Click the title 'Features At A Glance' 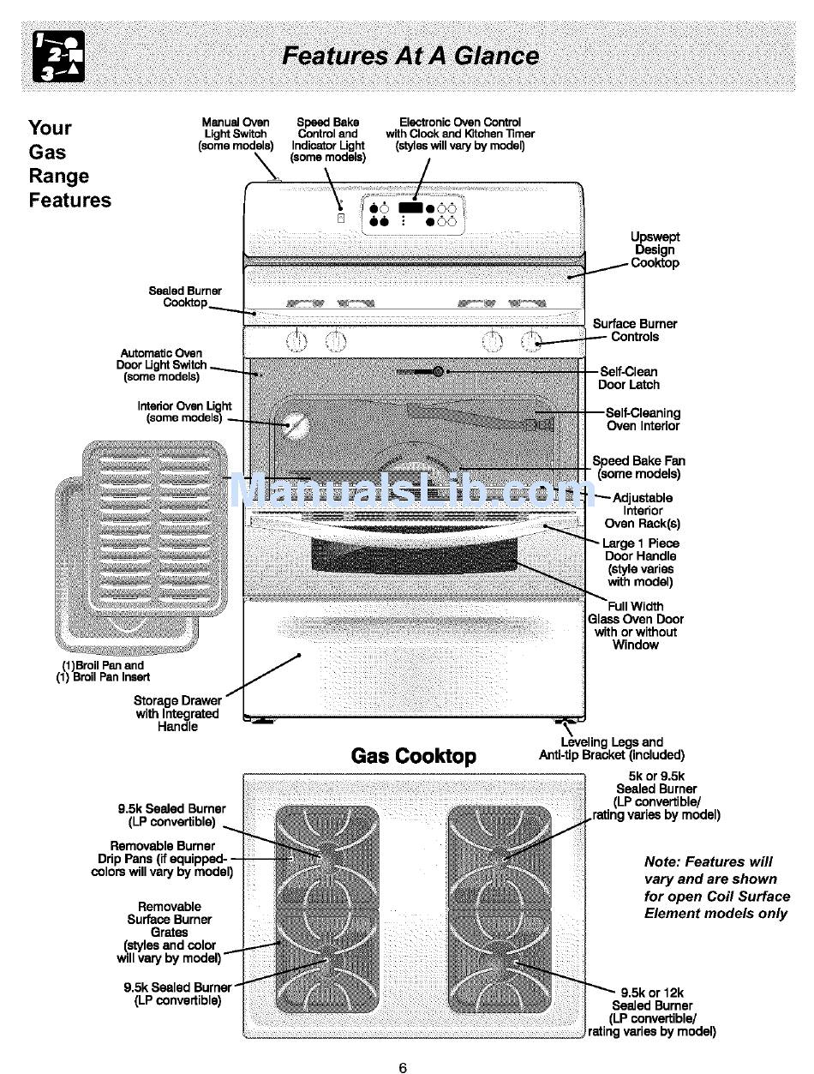(x=410, y=57)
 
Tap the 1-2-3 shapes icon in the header (x=58, y=57)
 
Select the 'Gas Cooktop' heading (x=413, y=756)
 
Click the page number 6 (x=403, y=1067)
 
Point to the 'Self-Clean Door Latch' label (x=629, y=378)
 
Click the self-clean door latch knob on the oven (x=438, y=372)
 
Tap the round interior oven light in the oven (x=296, y=426)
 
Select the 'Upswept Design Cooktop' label (x=655, y=250)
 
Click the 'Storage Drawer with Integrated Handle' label (x=177, y=713)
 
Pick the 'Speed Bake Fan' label (x=638, y=467)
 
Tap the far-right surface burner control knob (x=531, y=341)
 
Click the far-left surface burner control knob (x=296, y=341)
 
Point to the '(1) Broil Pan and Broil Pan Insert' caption (x=103, y=670)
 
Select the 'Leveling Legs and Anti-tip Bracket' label (x=611, y=748)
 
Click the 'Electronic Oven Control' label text (x=460, y=134)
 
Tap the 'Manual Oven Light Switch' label (x=236, y=134)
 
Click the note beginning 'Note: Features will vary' (x=716, y=887)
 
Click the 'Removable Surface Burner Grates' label (x=170, y=932)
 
